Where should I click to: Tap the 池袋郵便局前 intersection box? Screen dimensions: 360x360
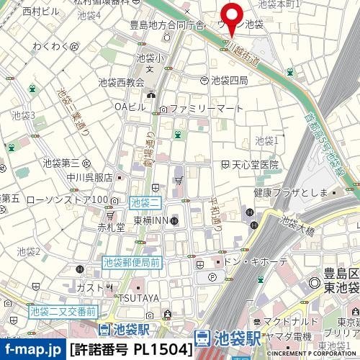[131, 264]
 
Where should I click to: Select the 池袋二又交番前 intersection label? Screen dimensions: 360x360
[63, 312]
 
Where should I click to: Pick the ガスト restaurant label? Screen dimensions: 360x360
[90, 287]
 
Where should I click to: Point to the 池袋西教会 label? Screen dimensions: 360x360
[120, 83]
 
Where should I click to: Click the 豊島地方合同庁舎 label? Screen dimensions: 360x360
[171, 24]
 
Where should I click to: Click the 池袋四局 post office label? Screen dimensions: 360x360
[229, 80]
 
